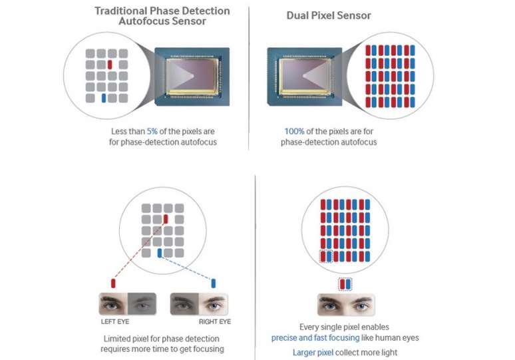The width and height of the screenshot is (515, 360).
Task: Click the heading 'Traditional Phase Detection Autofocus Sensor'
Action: point(162,17)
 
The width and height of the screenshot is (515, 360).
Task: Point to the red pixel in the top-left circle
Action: point(110,65)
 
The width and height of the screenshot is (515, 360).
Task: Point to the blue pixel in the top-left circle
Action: point(103,98)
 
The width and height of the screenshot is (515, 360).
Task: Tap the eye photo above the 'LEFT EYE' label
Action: point(128,303)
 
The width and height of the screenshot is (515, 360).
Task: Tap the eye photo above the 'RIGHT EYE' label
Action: point(199,303)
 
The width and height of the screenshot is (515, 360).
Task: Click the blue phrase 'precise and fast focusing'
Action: point(315,338)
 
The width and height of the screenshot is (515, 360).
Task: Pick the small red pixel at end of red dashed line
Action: point(113,283)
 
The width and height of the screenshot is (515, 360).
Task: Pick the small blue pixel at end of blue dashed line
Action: point(213,283)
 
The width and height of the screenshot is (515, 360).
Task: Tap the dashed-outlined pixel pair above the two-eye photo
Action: point(345,284)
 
